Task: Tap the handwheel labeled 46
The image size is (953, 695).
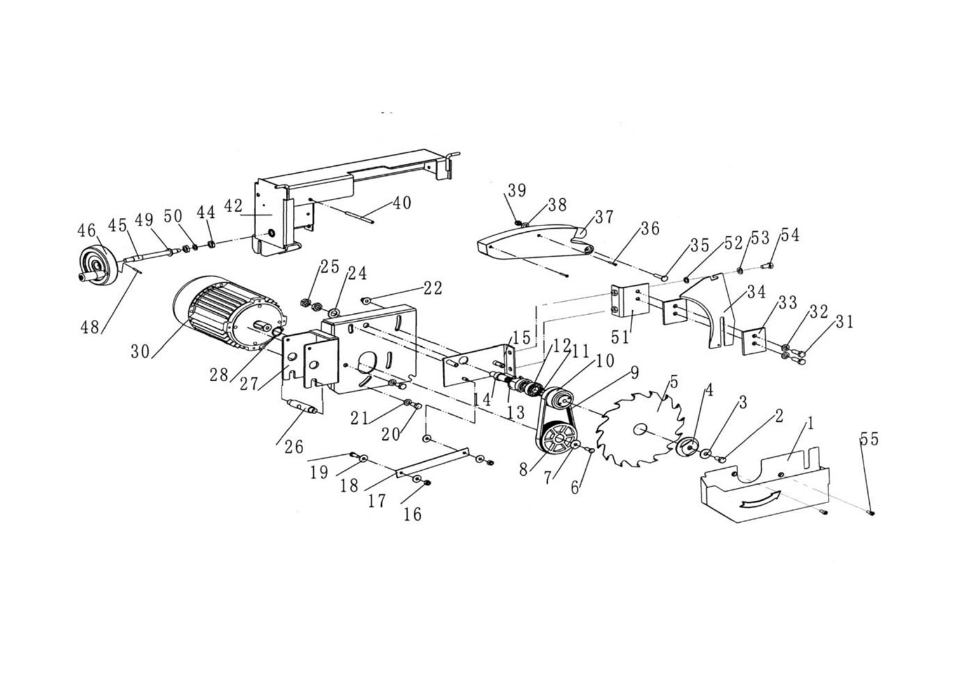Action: (x=98, y=264)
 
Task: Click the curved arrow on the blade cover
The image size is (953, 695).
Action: (x=760, y=499)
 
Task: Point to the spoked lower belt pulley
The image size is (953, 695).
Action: (x=556, y=438)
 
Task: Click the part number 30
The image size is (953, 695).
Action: (x=140, y=351)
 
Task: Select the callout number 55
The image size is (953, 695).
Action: (x=869, y=438)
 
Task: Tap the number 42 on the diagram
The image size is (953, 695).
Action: (x=233, y=206)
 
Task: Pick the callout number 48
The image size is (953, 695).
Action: (x=90, y=327)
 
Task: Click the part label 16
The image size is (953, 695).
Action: (x=412, y=515)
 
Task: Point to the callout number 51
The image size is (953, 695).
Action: (x=619, y=337)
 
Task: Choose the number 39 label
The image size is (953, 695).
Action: (x=517, y=190)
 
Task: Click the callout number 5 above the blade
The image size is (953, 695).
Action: (x=673, y=382)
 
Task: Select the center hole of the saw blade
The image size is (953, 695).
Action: (x=639, y=430)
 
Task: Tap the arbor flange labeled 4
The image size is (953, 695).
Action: (x=687, y=448)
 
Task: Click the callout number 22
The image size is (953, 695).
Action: (x=433, y=288)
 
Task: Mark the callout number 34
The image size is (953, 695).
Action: (x=756, y=292)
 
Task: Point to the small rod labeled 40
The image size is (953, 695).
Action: (x=359, y=214)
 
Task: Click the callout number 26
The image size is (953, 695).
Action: (x=294, y=447)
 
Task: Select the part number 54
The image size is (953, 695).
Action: (x=790, y=235)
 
